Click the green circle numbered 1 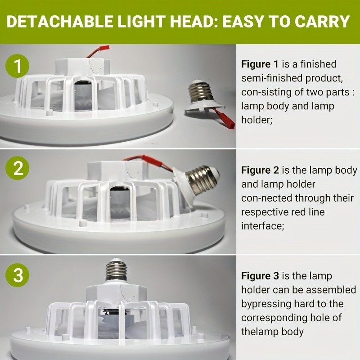[18, 66]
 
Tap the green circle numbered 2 [18, 168]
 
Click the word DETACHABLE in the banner [60, 22]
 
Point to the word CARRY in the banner [322, 22]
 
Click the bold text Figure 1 [260, 64]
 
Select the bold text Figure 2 [260, 170]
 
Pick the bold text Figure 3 [260, 276]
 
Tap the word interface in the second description [263, 226]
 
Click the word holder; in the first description [256, 120]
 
